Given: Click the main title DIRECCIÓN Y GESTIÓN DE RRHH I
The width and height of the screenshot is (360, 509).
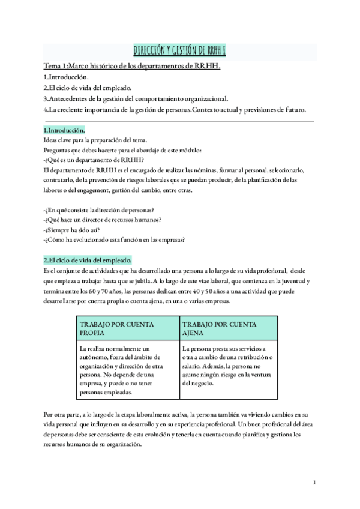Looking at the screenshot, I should pos(179,53).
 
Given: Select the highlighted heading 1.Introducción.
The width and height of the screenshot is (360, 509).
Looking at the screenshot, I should pos(64,130).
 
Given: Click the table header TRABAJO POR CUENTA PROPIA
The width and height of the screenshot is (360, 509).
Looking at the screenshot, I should pos(117,328).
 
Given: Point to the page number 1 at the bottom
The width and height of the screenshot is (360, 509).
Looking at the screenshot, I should pos(314,482).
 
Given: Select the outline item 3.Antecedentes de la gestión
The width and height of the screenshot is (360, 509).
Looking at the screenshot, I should pos(135,98).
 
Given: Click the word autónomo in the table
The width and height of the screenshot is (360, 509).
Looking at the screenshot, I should pos(95,358).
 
